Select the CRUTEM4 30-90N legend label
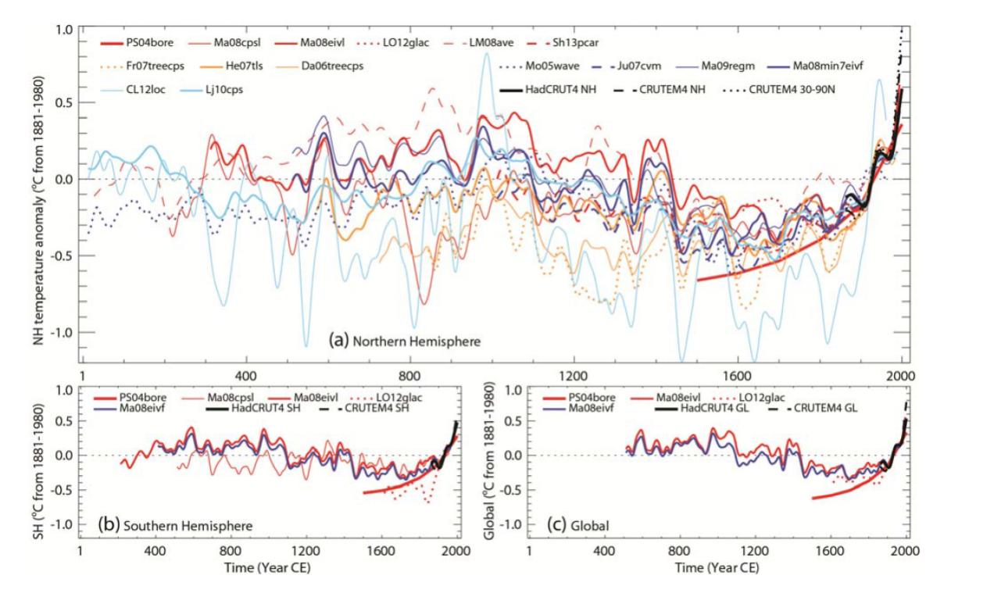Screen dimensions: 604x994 (x=792, y=89)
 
